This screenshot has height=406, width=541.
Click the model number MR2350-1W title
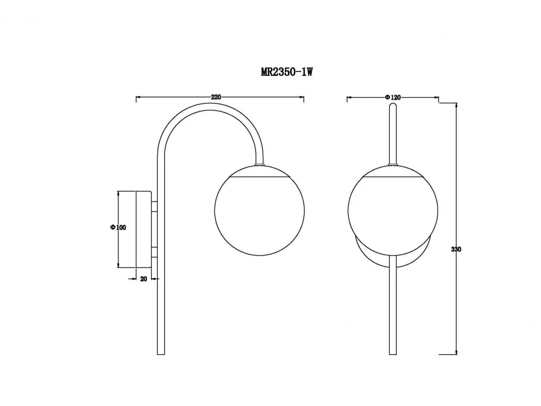(287, 72)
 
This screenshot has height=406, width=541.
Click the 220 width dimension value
(215, 97)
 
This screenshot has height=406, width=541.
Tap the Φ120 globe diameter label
(393, 97)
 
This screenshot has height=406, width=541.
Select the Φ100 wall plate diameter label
(118, 227)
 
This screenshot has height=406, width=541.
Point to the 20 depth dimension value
(143, 279)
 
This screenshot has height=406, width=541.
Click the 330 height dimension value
(456, 249)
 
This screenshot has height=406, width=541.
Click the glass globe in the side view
(260, 210)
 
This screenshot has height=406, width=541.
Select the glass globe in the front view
(393, 210)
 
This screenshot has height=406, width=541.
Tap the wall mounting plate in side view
(144, 229)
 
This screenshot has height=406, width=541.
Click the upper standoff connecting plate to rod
(154, 206)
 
